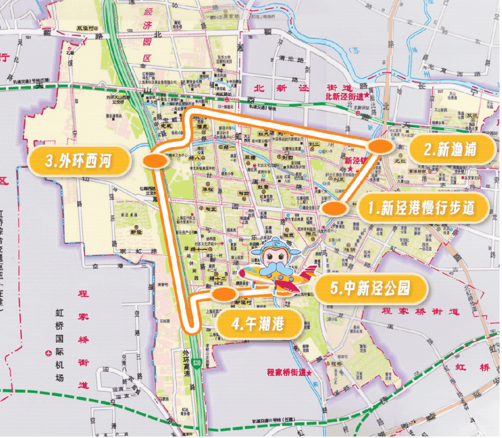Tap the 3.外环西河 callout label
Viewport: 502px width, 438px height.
tap(79, 161)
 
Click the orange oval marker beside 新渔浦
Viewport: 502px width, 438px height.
tap(380, 146)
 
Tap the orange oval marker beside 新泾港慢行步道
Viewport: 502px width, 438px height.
tap(334, 208)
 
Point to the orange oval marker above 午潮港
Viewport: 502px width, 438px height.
tap(223, 294)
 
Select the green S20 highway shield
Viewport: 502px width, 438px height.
tap(197, 363)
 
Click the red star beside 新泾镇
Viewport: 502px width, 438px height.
tap(350, 169)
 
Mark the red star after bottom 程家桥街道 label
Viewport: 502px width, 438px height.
tap(309, 373)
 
